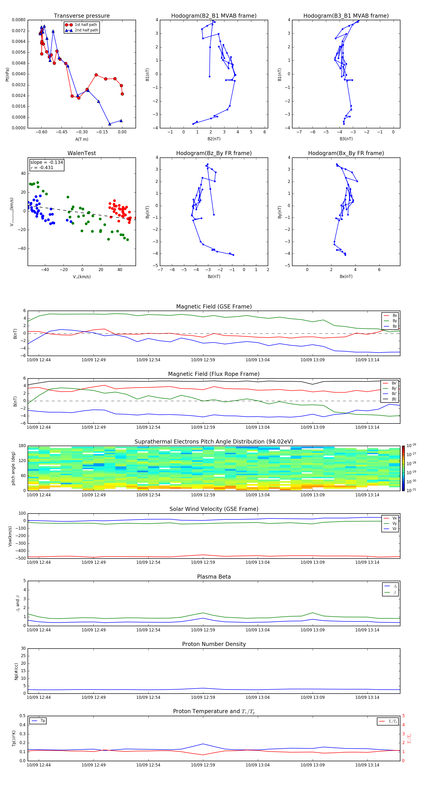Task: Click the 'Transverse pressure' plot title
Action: [82, 16]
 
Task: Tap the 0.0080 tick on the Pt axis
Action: [19, 20]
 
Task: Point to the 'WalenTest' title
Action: [82, 153]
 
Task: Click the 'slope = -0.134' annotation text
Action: [46, 162]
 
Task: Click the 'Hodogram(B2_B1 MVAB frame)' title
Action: [214, 16]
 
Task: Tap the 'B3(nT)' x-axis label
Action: [346, 139]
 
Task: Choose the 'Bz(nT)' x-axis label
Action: [214, 277]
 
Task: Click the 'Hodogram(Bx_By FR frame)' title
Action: [346, 153]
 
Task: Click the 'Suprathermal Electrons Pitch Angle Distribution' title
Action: [214, 442]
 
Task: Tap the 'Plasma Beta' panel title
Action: [214, 577]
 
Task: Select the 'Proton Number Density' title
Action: [214, 644]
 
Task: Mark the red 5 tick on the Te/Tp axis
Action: [403, 716]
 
